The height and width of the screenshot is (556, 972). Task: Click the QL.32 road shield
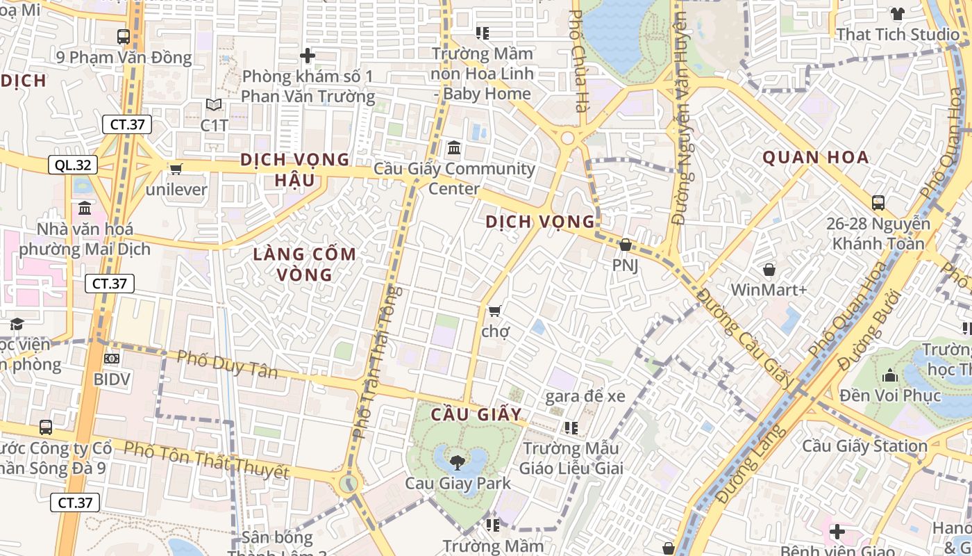[72, 165]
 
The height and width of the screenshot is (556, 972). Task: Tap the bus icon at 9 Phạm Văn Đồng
[124, 37]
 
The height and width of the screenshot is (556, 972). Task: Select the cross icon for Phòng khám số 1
[308, 56]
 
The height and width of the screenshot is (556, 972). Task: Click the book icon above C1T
[214, 105]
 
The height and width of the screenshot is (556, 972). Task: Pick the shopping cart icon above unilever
[176, 169]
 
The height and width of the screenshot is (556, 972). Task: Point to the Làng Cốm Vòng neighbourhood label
[304, 264]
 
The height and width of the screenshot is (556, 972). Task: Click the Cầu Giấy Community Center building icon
[454, 148]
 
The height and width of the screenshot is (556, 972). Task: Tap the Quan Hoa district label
[816, 157]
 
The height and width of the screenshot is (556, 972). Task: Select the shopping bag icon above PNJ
[625, 245]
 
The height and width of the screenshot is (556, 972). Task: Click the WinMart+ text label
[769, 289]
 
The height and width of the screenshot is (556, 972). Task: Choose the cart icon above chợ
[494, 311]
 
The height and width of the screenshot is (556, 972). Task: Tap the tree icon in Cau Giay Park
[458, 461]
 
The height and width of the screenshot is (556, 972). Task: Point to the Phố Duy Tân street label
[227, 365]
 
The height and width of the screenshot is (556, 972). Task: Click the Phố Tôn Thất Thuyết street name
[206, 460]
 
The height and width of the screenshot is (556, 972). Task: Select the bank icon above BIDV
[111, 359]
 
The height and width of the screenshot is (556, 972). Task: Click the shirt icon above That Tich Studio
[897, 13]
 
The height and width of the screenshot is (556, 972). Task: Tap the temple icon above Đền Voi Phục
[890, 376]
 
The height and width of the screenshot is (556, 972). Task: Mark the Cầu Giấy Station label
[865, 445]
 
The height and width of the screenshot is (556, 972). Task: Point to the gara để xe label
[585, 396]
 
